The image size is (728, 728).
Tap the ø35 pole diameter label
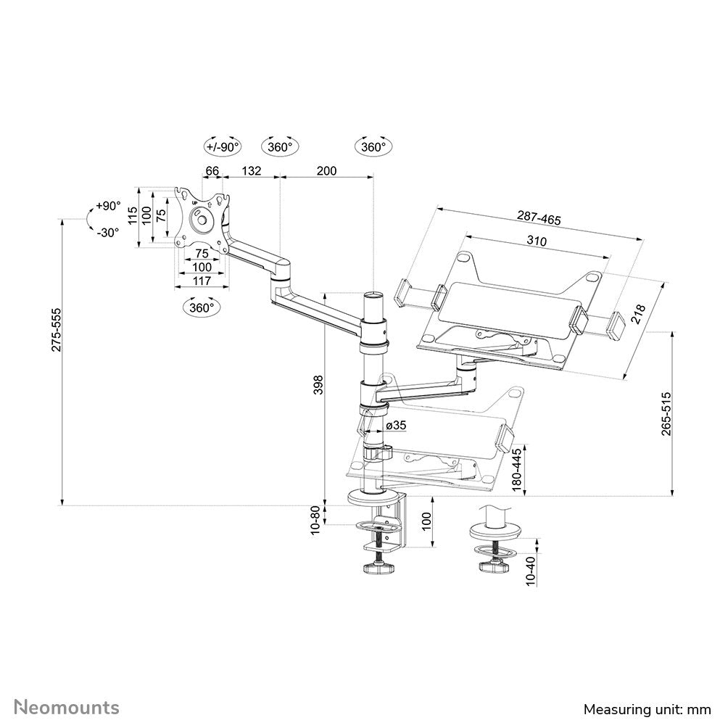395,426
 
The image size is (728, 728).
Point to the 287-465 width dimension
539,218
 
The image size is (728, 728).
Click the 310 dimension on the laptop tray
537,241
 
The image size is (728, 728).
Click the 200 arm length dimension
327,170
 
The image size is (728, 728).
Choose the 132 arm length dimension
251,170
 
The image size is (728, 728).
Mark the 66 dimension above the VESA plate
212,170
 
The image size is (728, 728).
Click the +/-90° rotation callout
222,146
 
